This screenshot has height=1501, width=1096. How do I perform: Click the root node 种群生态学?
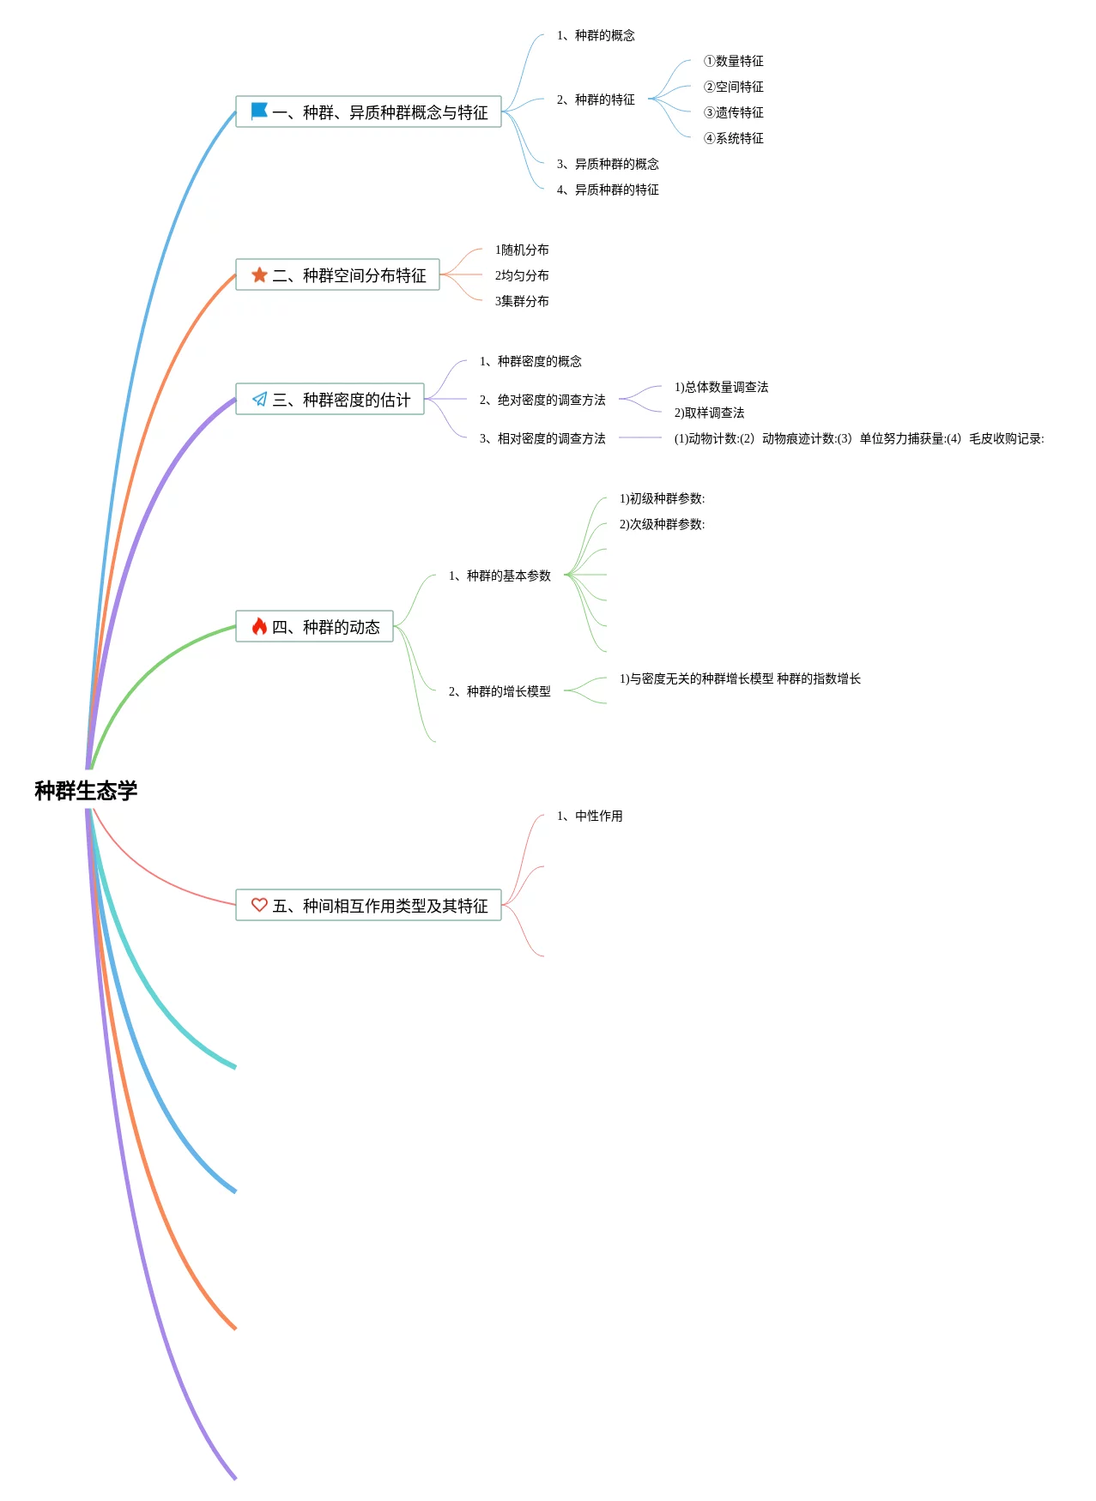click(86, 790)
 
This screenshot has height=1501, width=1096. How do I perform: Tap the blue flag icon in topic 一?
click(259, 111)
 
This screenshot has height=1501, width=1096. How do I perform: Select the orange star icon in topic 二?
click(259, 274)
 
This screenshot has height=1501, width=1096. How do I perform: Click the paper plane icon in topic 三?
click(259, 399)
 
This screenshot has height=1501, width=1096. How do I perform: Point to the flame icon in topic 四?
click(259, 626)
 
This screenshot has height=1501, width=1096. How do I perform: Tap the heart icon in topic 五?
click(259, 905)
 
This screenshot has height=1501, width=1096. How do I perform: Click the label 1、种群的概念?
click(596, 35)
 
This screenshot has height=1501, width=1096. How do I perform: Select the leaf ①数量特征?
click(734, 61)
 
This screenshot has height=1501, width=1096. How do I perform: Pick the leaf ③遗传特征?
click(734, 112)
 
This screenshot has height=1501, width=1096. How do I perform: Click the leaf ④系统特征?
click(734, 138)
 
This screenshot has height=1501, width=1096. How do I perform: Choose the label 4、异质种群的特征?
click(608, 190)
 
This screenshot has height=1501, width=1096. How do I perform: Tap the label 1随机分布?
click(522, 250)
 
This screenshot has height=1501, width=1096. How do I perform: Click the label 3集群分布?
click(522, 301)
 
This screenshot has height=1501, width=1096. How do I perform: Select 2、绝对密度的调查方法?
click(542, 400)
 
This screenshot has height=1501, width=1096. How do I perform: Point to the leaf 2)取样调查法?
click(709, 413)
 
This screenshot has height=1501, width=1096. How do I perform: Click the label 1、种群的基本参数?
click(500, 576)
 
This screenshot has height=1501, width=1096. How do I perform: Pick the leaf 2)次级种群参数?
click(662, 524)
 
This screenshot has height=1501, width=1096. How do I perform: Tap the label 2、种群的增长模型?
click(500, 691)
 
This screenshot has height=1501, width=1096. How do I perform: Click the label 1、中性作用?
click(590, 816)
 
